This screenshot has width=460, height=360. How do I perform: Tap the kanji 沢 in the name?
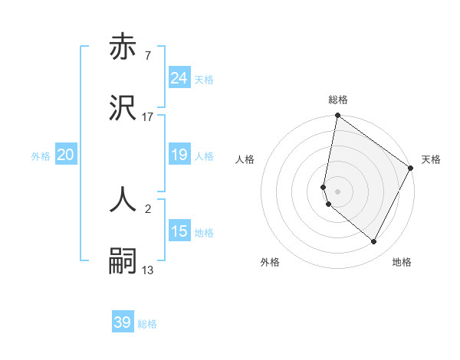(123, 110)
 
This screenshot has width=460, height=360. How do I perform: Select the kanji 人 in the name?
(123, 198)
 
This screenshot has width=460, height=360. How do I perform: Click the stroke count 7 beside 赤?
(147, 56)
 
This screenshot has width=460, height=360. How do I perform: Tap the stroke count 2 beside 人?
(147, 207)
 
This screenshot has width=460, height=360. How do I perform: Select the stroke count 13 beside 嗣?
(147, 270)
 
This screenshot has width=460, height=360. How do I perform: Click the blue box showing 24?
(179, 78)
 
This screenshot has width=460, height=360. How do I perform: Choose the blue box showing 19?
(179, 155)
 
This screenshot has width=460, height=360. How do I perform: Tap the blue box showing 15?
(179, 231)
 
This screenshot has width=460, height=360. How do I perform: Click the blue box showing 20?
(66, 155)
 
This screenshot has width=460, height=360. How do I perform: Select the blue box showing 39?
(123, 322)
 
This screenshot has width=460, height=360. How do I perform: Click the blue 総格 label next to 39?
(147, 324)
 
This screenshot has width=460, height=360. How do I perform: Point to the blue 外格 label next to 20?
(41, 156)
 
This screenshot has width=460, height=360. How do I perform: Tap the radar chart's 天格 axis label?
(431, 159)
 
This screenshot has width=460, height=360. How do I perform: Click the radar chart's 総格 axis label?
(338, 100)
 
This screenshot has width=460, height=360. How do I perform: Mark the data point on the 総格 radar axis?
(337, 116)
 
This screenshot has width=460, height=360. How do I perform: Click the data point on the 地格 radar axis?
(373, 242)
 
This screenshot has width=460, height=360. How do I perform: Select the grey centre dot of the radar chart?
(337, 191)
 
